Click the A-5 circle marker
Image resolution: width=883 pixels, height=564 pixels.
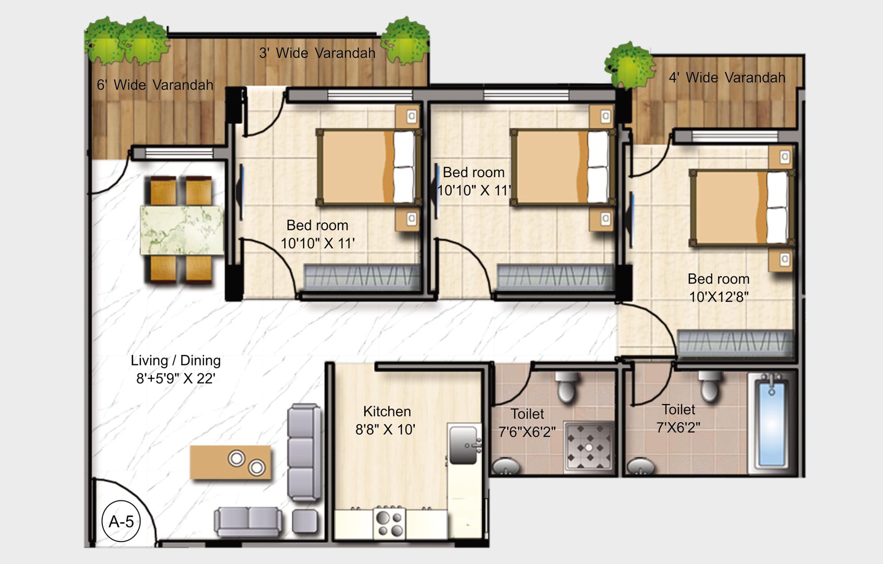(121, 521)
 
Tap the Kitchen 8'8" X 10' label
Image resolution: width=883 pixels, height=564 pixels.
(386, 421)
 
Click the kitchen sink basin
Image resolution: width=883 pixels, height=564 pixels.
(463, 444)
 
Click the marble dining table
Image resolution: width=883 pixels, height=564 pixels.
(181, 230)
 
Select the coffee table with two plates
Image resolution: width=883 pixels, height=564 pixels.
(231, 462)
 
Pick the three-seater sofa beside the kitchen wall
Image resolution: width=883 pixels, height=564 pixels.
(304, 452)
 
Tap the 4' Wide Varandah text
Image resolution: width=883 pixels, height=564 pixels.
(726, 78)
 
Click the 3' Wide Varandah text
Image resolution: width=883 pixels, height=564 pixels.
(317, 53)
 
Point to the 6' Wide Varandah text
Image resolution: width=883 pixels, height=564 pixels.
(155, 85)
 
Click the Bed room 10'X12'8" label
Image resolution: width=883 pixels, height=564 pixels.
(719, 288)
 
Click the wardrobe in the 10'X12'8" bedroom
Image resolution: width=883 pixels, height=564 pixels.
(735, 343)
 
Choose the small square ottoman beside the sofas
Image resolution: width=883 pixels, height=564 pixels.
(305, 521)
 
